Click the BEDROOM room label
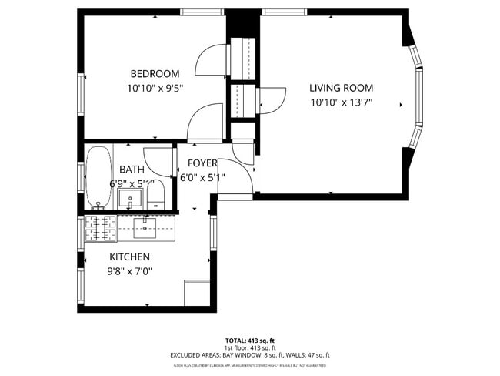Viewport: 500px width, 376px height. (x=155, y=74)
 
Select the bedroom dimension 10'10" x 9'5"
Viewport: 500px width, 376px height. (x=155, y=89)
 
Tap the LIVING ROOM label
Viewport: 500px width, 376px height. (x=341, y=88)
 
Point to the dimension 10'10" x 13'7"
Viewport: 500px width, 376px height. (x=341, y=102)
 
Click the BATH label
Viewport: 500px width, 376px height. (x=132, y=170)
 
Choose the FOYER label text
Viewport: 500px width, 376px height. (x=198, y=163)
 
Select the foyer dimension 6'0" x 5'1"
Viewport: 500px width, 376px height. (x=202, y=177)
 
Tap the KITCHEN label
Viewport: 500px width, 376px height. (x=129, y=257)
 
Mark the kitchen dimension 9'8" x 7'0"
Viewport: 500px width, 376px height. (x=130, y=270)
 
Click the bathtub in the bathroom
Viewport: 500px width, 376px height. (x=98, y=176)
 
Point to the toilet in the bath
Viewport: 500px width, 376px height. (x=156, y=195)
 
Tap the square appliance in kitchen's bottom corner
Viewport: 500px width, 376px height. (x=196, y=293)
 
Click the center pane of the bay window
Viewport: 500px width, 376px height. (x=420, y=96)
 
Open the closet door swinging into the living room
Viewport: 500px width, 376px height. (x=269, y=99)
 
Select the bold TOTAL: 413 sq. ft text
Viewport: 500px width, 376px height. (x=249, y=340)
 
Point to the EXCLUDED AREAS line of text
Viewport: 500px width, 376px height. (x=249, y=355)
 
